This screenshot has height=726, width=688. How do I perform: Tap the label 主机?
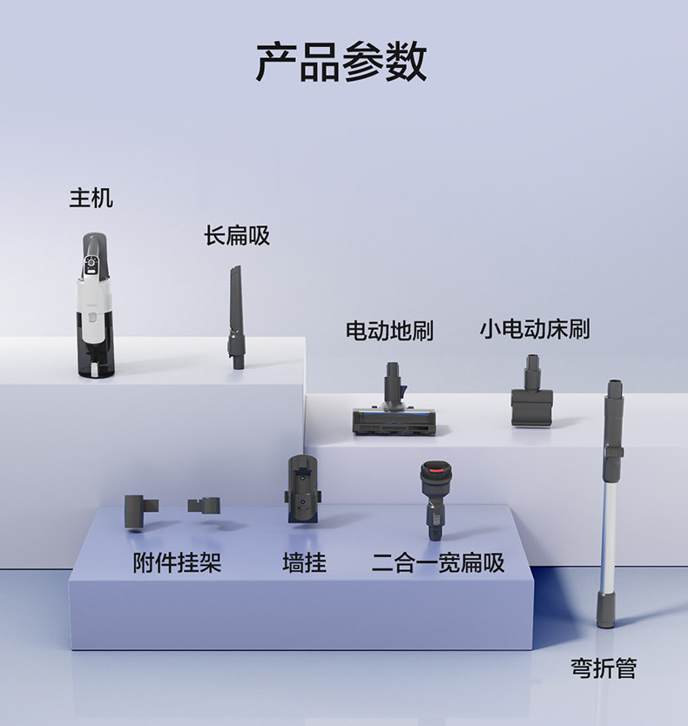pos(91,198)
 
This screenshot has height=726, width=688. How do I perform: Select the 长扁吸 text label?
pos(237,235)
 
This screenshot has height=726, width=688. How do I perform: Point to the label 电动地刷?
pos(389,331)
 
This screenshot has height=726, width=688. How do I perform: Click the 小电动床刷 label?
pos(535,329)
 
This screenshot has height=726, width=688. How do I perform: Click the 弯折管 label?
pos(604,669)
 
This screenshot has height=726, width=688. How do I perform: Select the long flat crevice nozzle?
pos(236,318)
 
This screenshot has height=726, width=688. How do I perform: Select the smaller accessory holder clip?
pos(206,505)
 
